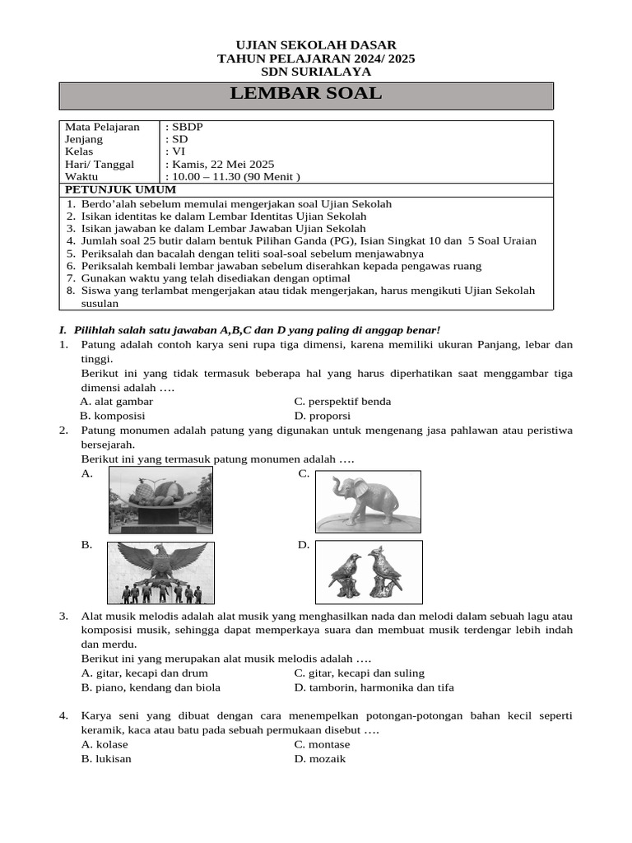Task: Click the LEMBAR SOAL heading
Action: (x=306, y=94)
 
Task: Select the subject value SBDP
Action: (x=186, y=127)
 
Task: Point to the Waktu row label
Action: (x=81, y=177)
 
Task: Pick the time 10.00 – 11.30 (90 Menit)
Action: (x=234, y=177)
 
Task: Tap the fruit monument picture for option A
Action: (x=160, y=500)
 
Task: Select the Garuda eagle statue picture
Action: (x=160, y=573)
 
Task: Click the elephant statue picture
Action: (x=368, y=501)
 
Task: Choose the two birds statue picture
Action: (x=369, y=573)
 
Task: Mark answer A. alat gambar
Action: (x=117, y=402)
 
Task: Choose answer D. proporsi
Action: (x=323, y=416)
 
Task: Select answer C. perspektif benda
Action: (x=342, y=402)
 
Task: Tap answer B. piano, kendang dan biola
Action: (x=151, y=687)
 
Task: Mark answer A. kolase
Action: (x=105, y=744)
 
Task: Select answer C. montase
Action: (x=322, y=744)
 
